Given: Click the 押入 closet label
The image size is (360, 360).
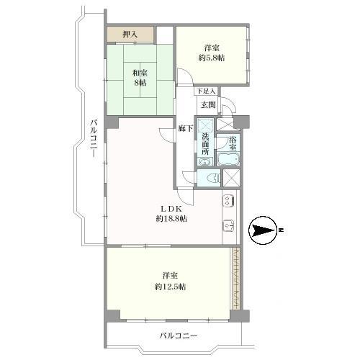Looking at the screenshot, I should click(x=130, y=34).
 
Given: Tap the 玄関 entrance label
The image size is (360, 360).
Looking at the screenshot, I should click(x=208, y=105).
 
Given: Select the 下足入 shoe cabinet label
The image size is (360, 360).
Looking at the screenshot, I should click(x=207, y=91).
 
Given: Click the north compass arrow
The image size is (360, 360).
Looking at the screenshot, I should click(x=266, y=230).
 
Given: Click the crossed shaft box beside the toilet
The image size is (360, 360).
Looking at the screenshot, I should click(x=233, y=178).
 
